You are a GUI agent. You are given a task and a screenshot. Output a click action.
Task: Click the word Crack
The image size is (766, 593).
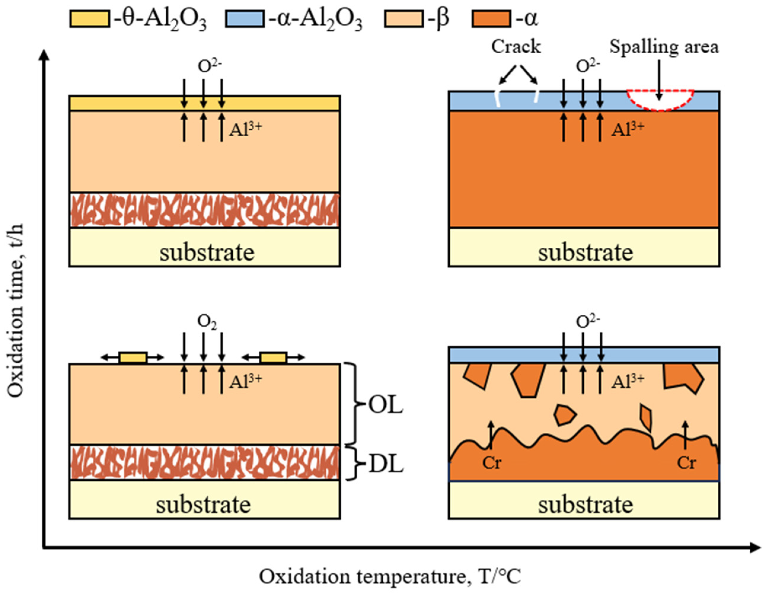(516, 47)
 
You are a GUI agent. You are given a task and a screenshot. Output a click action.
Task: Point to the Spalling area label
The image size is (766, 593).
(664, 47)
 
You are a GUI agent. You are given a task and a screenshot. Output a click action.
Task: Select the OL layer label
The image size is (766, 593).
(385, 406)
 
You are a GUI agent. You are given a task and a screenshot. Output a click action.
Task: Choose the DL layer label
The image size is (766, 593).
(385, 465)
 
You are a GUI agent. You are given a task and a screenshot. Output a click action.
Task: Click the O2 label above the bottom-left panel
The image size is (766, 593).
(207, 321)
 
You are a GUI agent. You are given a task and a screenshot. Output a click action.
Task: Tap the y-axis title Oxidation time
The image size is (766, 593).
(16, 310)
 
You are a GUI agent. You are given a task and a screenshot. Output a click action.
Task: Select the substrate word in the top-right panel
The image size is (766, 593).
(585, 252)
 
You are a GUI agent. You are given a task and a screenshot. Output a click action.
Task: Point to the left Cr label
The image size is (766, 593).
(491, 463)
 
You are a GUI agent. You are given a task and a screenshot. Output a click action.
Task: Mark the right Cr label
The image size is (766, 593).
(686, 463)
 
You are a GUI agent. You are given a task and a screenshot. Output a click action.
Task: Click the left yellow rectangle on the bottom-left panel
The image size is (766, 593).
(133, 358)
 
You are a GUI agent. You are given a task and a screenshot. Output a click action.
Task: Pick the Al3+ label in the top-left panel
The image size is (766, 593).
(245, 129)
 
